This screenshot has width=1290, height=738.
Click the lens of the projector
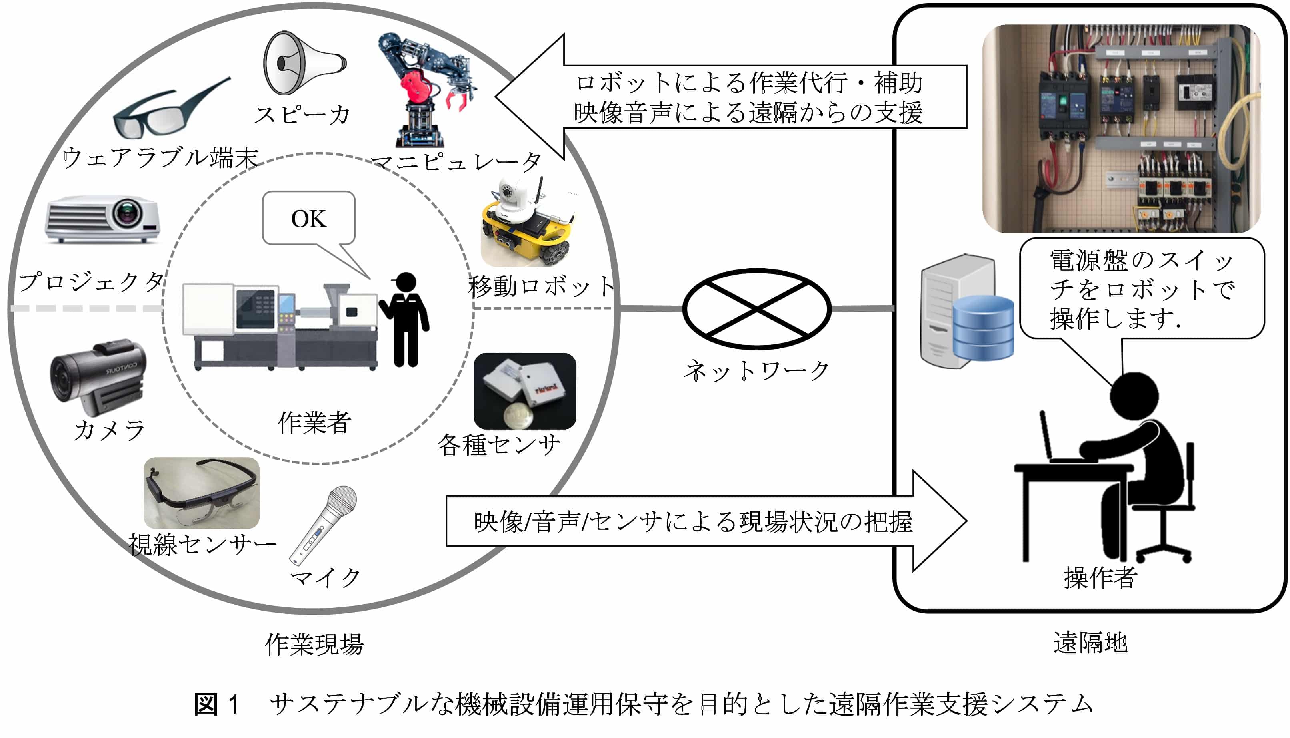127,213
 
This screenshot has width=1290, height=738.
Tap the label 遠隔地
1090,643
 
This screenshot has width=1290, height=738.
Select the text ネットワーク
756,370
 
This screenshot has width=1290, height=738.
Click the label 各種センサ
499,445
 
